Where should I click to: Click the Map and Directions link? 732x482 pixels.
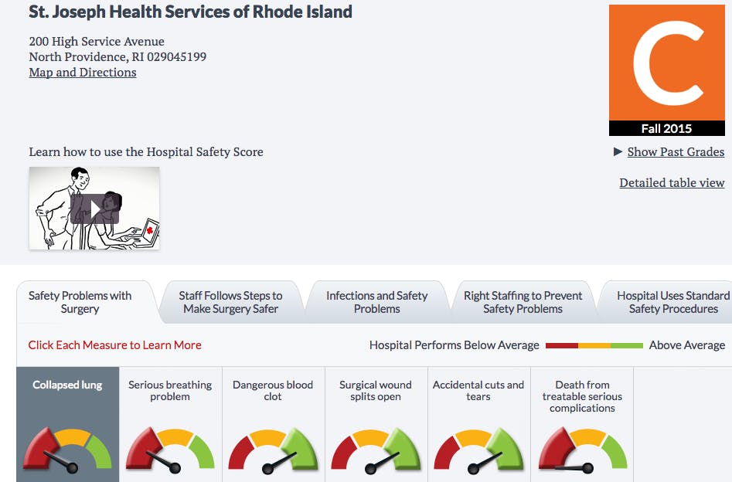[x=83, y=73]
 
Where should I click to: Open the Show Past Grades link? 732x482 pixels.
[x=676, y=152]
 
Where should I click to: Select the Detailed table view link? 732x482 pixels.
[x=672, y=183]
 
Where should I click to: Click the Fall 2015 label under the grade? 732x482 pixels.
[x=666, y=128]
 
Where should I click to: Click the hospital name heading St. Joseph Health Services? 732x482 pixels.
[x=190, y=12]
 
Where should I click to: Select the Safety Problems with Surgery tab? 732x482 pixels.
[x=80, y=302]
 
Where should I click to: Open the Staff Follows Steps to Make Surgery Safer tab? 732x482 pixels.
[x=230, y=302]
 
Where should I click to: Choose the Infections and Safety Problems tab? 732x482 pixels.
[x=376, y=302]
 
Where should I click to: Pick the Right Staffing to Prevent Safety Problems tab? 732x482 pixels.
[x=523, y=302]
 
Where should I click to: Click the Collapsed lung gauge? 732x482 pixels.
[x=67, y=451]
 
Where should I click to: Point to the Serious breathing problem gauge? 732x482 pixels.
[x=170, y=451]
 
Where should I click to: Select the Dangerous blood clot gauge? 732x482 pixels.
[x=273, y=451]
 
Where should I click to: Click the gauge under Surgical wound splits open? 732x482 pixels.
[x=376, y=451]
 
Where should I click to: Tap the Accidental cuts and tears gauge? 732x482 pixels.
[x=478, y=451]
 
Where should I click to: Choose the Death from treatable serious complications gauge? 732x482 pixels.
[x=582, y=451]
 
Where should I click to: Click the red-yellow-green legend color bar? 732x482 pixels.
[x=594, y=345]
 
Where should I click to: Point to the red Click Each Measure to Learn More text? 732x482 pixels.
[x=114, y=345]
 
